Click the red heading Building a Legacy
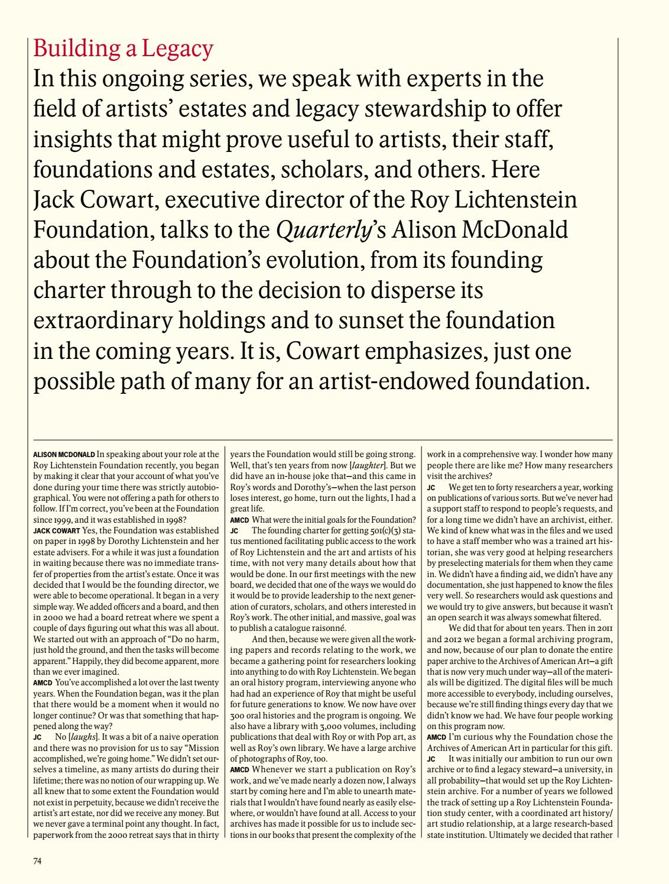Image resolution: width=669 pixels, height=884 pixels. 123,48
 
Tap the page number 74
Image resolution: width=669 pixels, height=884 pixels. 37,860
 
